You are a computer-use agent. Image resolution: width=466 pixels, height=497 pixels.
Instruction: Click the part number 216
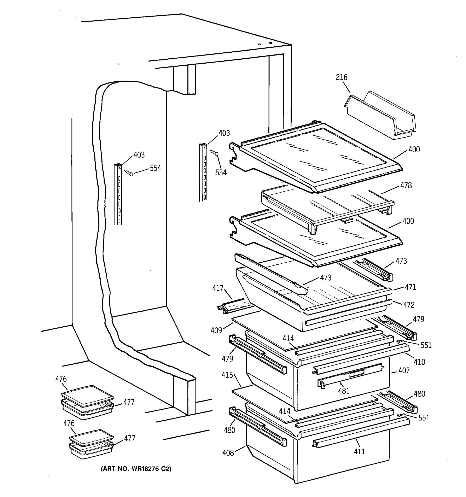pos(342,77)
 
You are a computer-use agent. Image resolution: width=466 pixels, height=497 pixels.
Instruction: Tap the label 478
pos(406,185)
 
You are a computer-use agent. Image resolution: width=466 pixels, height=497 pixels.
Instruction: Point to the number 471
pos(410,287)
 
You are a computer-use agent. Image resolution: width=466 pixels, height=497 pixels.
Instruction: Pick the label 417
pos(218,288)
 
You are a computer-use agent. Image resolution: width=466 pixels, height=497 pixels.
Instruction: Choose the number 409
pos(216,330)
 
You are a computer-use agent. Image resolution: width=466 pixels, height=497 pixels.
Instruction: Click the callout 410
pos(419,362)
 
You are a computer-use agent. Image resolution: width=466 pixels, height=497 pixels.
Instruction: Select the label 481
pos(344,391)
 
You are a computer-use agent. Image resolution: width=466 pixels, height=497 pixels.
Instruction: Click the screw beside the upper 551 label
pos(399,341)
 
